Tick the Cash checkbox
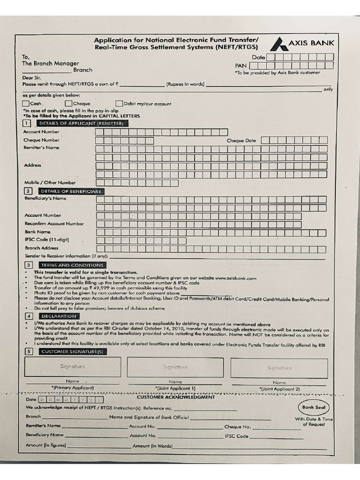[26, 104]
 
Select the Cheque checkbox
[68, 104]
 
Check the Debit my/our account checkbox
[120, 104]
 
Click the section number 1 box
[27, 123]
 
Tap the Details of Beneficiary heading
[71, 191]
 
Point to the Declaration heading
[59, 316]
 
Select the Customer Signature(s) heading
[72, 351]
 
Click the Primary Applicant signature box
[73, 367]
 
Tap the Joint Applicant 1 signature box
[175, 367]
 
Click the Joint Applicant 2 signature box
[279, 368]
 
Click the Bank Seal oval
[314, 407]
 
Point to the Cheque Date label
[241, 140]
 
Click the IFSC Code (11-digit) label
[47, 240]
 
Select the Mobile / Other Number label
[50, 182]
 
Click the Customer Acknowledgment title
[176, 397]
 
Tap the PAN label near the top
[240, 66]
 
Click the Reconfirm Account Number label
[54, 224]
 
